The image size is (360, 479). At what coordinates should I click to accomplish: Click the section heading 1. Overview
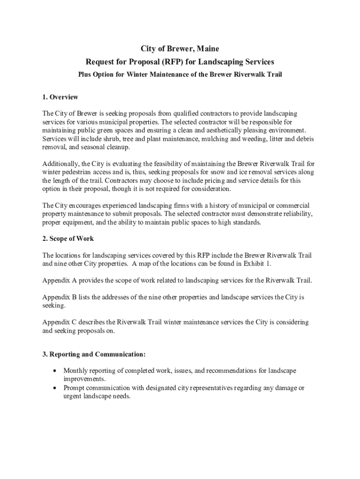[60, 97]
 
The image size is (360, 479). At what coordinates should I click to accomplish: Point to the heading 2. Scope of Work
[68, 239]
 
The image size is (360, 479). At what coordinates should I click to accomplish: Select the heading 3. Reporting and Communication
[94, 354]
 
